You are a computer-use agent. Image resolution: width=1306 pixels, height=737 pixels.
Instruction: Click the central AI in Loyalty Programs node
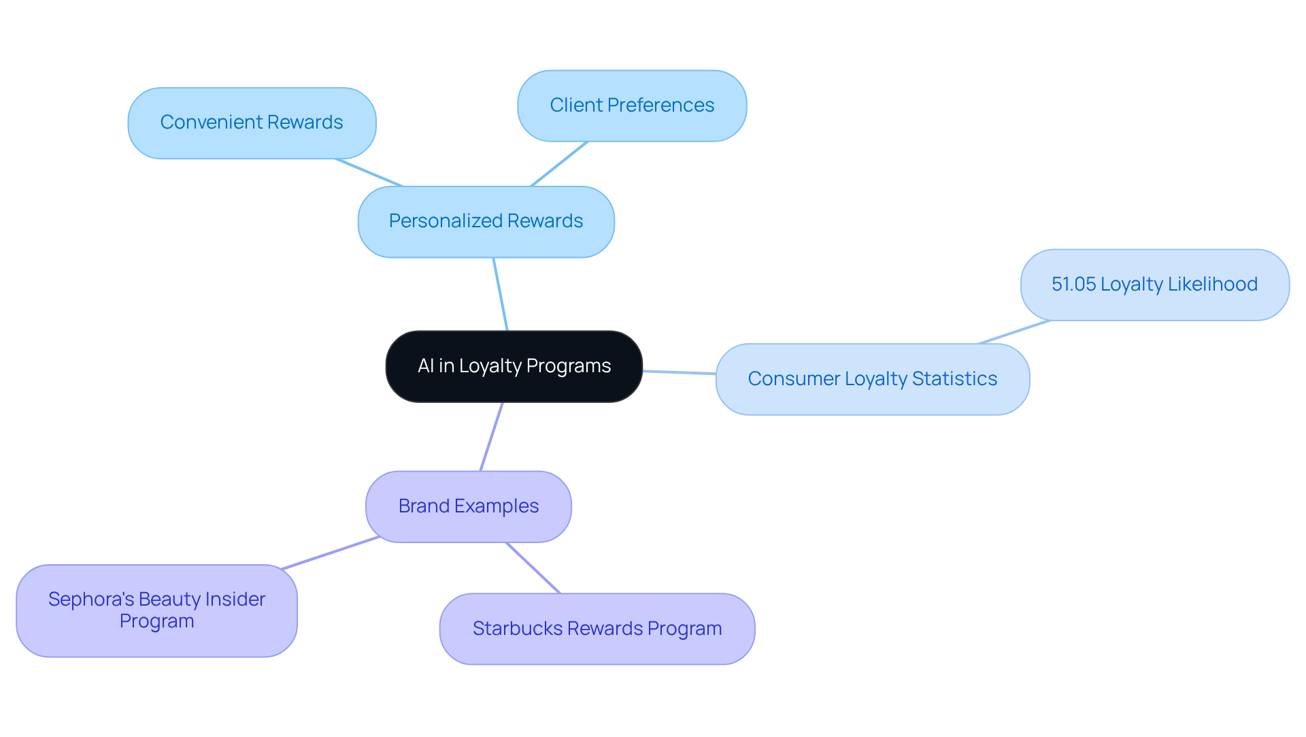tap(514, 366)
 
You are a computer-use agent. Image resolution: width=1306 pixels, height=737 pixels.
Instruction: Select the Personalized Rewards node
tap(486, 221)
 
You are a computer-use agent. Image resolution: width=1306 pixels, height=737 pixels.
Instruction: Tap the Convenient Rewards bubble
tap(252, 122)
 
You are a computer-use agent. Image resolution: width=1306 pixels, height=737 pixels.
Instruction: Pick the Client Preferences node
tap(632, 105)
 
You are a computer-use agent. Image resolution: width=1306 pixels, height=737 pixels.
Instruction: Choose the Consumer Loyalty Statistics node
tap(872, 379)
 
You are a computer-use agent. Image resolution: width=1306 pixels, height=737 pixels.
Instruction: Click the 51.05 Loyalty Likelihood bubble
tap(1154, 284)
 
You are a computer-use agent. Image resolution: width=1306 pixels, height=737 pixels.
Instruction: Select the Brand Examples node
tap(468, 506)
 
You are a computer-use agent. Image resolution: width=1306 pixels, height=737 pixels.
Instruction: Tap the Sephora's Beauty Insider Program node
tap(156, 610)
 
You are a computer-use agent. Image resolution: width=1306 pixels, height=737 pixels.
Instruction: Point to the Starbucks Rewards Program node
tap(597, 628)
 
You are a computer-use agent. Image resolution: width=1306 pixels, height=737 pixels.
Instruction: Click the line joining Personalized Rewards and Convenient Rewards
tap(369, 172)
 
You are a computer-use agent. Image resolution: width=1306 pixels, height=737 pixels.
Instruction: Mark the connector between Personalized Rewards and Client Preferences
tap(559, 164)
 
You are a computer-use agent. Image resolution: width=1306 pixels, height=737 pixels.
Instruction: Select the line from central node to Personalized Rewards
tap(500, 294)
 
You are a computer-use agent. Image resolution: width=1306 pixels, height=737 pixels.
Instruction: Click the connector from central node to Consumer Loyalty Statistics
tap(679, 372)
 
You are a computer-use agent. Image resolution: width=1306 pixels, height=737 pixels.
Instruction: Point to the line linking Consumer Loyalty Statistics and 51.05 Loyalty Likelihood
tap(1014, 332)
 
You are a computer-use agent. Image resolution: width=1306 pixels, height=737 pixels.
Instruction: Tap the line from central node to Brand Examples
tap(492, 436)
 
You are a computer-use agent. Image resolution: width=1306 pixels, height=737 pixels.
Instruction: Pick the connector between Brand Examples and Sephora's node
tap(331, 553)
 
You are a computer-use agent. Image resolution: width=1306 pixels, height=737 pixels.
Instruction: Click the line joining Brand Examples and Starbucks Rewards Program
tap(533, 568)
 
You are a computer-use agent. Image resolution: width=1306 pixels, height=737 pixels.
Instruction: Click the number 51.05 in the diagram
tap(1073, 284)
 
